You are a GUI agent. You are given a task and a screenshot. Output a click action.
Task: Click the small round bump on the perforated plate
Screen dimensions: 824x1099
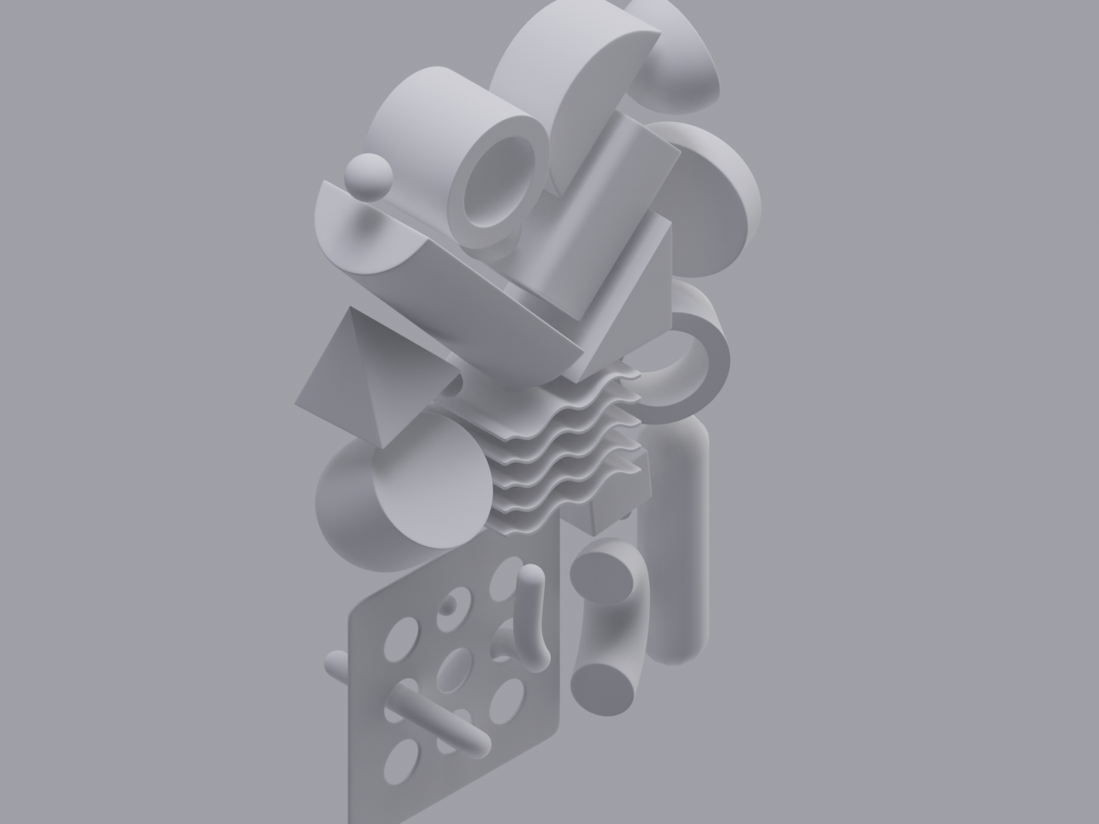pyautogui.click(x=450, y=604)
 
